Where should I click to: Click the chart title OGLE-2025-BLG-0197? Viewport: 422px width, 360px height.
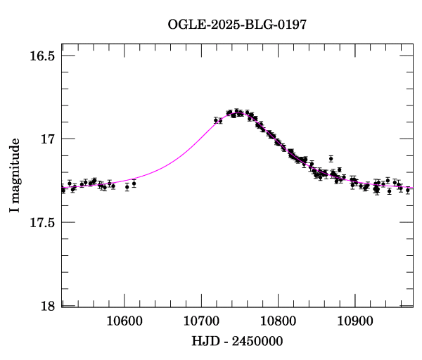click(x=237, y=24)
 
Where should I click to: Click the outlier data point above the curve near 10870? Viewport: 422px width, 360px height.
click(x=331, y=159)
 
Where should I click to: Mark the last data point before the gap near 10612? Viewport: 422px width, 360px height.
click(x=134, y=184)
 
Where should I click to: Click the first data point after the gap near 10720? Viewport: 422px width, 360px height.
click(x=216, y=120)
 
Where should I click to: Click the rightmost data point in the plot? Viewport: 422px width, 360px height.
click(x=407, y=190)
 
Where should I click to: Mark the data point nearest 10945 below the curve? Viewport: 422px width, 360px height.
click(x=389, y=191)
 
